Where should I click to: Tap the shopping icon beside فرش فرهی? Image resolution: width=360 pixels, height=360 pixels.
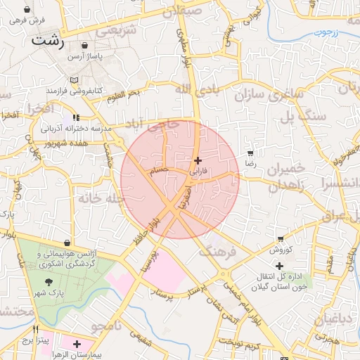click(x=27, y=11)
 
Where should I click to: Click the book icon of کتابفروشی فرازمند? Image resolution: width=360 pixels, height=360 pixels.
click(x=75, y=80)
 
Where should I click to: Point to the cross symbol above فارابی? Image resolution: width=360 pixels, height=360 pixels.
click(x=197, y=160)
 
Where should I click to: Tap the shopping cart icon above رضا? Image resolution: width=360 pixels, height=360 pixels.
click(x=250, y=153)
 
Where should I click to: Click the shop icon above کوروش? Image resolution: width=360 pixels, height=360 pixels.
click(x=281, y=240)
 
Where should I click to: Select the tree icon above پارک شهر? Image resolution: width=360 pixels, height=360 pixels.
click(x=49, y=281)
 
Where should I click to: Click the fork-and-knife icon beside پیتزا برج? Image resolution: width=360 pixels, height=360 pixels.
click(x=35, y=328)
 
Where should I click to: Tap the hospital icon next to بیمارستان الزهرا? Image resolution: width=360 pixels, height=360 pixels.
click(x=76, y=343)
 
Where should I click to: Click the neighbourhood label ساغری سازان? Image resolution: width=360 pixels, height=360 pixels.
click(x=269, y=93)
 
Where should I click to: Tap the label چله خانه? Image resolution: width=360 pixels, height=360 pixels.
click(x=102, y=199)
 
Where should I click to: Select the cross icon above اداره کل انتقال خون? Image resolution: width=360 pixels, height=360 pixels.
click(x=280, y=266)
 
